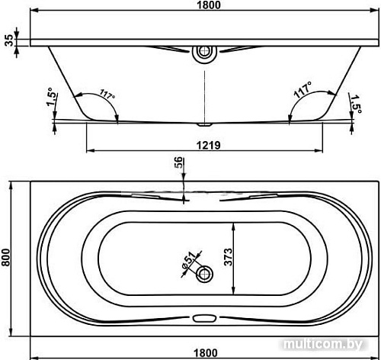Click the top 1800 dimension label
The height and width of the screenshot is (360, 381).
[x=209, y=5]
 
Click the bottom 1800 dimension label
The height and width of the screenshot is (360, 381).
[x=206, y=353]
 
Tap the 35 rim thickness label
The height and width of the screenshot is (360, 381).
[x=9, y=40]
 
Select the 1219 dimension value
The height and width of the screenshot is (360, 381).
[x=209, y=146]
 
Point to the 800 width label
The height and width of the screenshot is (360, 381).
[x=6, y=257]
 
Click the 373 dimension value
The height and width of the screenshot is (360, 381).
[x=229, y=257]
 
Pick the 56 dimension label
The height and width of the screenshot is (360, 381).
[x=178, y=162]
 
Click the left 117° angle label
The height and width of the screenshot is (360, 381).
[x=107, y=95]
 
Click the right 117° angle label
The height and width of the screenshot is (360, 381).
[x=303, y=90]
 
